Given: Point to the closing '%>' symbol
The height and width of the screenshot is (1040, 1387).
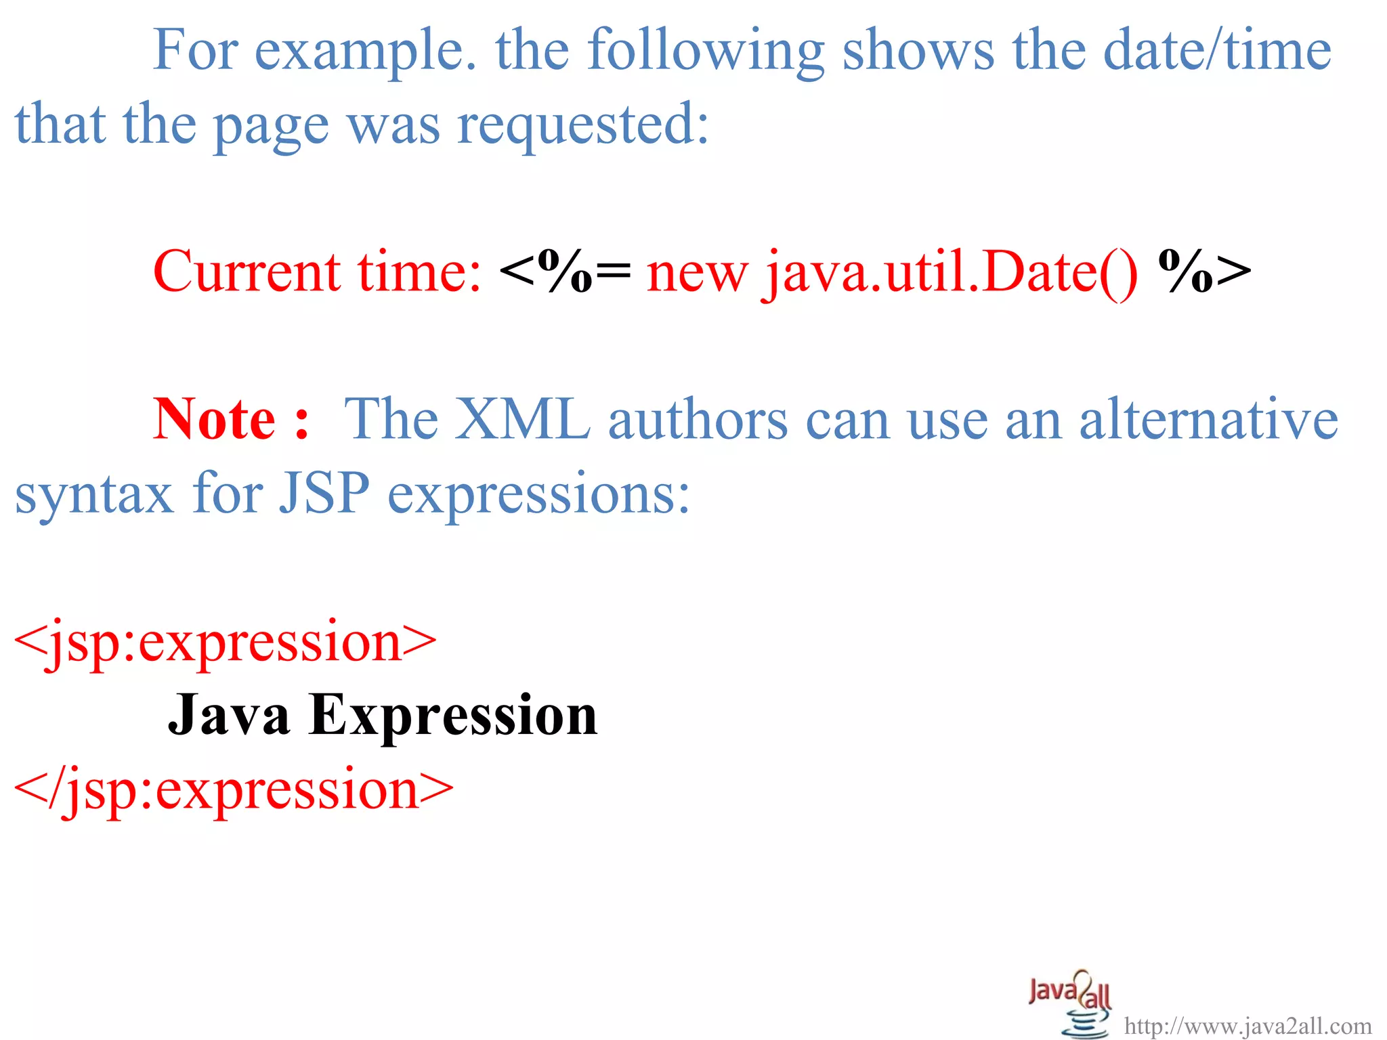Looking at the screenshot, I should (x=1204, y=272).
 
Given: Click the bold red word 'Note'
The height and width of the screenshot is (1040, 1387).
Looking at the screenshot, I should (x=214, y=420).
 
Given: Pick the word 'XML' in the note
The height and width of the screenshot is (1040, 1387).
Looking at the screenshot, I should (x=521, y=420).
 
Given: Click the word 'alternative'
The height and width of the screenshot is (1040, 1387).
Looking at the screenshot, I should (x=1208, y=420).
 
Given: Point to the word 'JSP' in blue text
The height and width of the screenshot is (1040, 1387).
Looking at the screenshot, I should (x=324, y=494).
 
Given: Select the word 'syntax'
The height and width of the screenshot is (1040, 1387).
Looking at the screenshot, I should (x=94, y=495).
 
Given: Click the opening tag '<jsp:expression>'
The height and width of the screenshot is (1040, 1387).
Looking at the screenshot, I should (x=225, y=641).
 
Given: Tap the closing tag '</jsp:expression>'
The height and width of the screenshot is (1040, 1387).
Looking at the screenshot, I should (x=234, y=789).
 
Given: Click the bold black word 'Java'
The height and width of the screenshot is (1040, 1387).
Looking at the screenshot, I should (x=229, y=715).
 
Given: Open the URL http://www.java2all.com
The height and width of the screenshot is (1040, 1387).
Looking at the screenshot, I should (x=1247, y=1026).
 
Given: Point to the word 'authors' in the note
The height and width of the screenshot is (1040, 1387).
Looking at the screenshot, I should (x=698, y=420).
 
